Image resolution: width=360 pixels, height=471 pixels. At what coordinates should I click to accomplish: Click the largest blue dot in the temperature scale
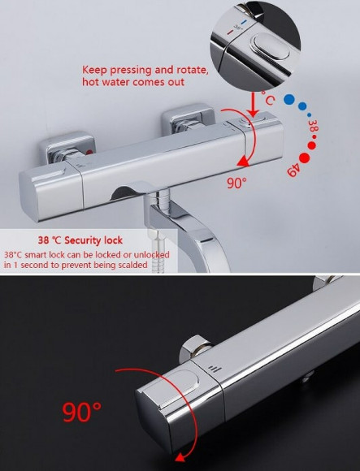coord(289,99)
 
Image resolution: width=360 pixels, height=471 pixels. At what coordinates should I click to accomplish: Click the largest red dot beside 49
coord(304,158)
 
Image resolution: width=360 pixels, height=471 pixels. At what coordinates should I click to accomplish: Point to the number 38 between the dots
coord(313,126)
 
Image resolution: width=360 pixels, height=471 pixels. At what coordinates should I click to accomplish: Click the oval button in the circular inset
coord(271,46)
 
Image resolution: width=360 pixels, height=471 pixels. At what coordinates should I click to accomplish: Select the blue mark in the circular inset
coord(243,22)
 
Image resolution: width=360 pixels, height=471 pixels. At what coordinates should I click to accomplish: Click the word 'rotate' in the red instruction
coord(192,70)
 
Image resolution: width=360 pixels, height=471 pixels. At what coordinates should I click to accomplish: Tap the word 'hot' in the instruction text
coord(90,82)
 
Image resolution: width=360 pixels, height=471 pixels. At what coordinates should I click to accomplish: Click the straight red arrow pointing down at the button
coord(254,104)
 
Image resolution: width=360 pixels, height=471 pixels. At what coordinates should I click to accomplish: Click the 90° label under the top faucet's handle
coord(236,183)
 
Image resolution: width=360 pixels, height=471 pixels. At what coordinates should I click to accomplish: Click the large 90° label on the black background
coord(82,413)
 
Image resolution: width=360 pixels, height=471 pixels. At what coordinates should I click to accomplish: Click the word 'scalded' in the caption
coord(132,265)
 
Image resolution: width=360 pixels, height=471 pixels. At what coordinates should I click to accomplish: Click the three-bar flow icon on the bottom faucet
coord(215,369)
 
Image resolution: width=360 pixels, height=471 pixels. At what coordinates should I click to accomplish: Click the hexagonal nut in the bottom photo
coord(196,348)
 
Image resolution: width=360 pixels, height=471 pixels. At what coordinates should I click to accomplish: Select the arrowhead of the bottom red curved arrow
coord(180,458)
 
